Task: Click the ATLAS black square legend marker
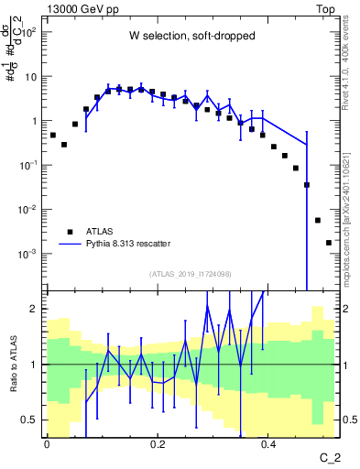point(69,232)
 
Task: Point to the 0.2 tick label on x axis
point(158,444)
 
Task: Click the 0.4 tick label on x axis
point(268,444)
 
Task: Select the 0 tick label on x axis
point(47,444)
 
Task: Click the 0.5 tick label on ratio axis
point(29,420)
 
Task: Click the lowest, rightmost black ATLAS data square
point(329,243)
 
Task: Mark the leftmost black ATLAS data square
point(53,136)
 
